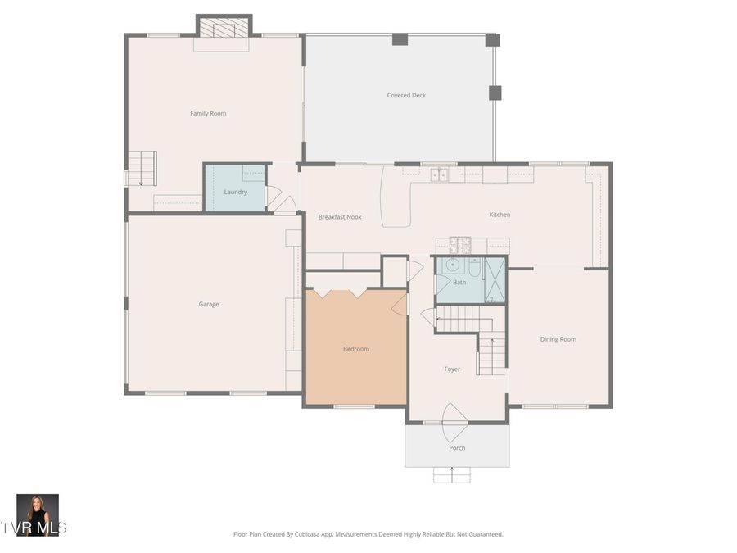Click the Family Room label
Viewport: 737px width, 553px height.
click(208, 113)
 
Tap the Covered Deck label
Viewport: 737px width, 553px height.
click(406, 95)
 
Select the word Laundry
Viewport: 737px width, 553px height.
click(235, 192)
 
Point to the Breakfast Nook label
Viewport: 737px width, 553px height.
click(340, 216)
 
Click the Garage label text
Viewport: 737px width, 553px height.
click(209, 304)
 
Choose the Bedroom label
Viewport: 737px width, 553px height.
click(355, 349)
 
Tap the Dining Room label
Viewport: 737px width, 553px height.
click(558, 339)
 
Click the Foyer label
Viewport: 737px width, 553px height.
click(452, 369)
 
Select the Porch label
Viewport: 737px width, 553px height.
click(457, 447)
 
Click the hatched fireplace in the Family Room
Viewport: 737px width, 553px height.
click(224, 29)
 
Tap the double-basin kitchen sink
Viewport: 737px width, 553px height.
click(440, 174)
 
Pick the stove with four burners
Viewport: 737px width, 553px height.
click(459, 244)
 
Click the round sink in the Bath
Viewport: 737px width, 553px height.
click(451, 265)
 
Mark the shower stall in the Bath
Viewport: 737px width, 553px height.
click(495, 280)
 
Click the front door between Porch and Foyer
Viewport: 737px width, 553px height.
click(455, 421)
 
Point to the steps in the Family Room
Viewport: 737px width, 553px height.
click(142, 169)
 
